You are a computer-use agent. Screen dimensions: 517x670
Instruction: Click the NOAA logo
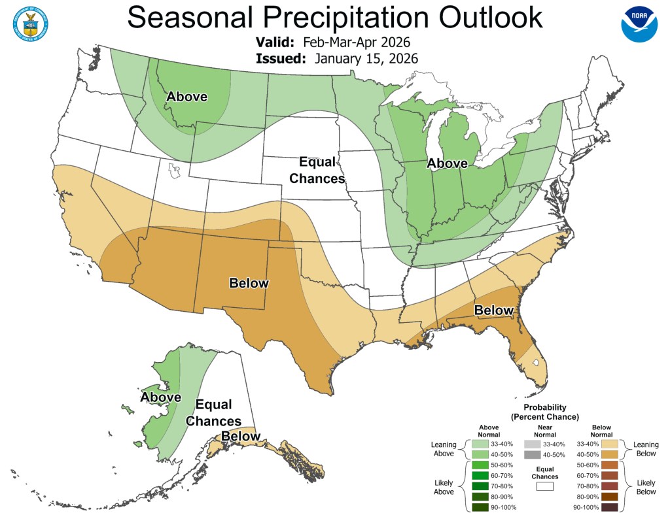pos(639,24)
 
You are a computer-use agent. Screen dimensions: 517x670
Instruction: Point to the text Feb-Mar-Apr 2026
pos(356,42)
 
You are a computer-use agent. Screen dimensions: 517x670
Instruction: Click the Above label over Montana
pos(186,97)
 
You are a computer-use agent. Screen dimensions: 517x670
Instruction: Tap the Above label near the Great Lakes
pos(447,163)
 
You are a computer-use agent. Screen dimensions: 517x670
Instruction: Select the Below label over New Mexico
pos(249,283)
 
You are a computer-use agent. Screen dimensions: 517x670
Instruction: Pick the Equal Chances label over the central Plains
pos(317,170)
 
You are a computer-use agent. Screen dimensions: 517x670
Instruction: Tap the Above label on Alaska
pos(160,397)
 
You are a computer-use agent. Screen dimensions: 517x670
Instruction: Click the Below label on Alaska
pos(241,436)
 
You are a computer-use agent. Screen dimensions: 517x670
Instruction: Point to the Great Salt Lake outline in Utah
pos(173,171)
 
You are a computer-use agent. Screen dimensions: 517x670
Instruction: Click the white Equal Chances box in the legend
pos(544,486)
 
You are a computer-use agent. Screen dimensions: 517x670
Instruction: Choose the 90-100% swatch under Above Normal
pos(480,507)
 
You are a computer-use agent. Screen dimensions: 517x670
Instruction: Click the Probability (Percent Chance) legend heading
pos(544,412)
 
